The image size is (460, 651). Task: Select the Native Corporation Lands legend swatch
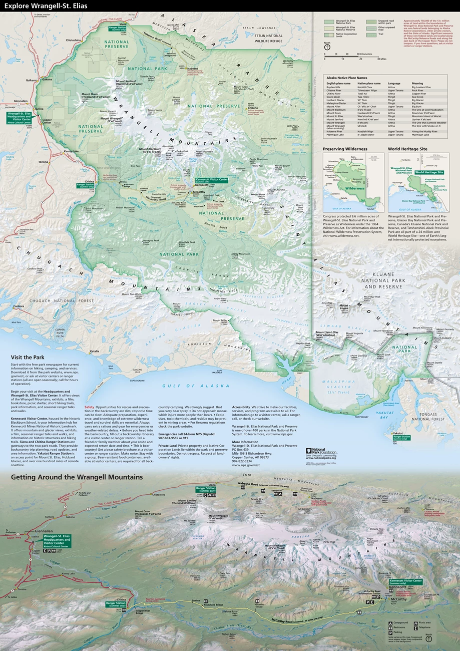click(328, 35)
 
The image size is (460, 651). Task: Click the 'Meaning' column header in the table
click(417, 84)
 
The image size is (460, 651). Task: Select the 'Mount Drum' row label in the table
click(333, 113)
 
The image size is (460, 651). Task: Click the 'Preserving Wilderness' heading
click(345, 149)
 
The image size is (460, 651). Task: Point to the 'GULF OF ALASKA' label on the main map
click(196, 386)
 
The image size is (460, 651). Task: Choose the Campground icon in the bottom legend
click(391, 623)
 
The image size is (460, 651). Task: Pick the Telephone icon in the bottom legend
click(416, 627)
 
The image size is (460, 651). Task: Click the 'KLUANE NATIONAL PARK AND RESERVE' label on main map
click(383, 284)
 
